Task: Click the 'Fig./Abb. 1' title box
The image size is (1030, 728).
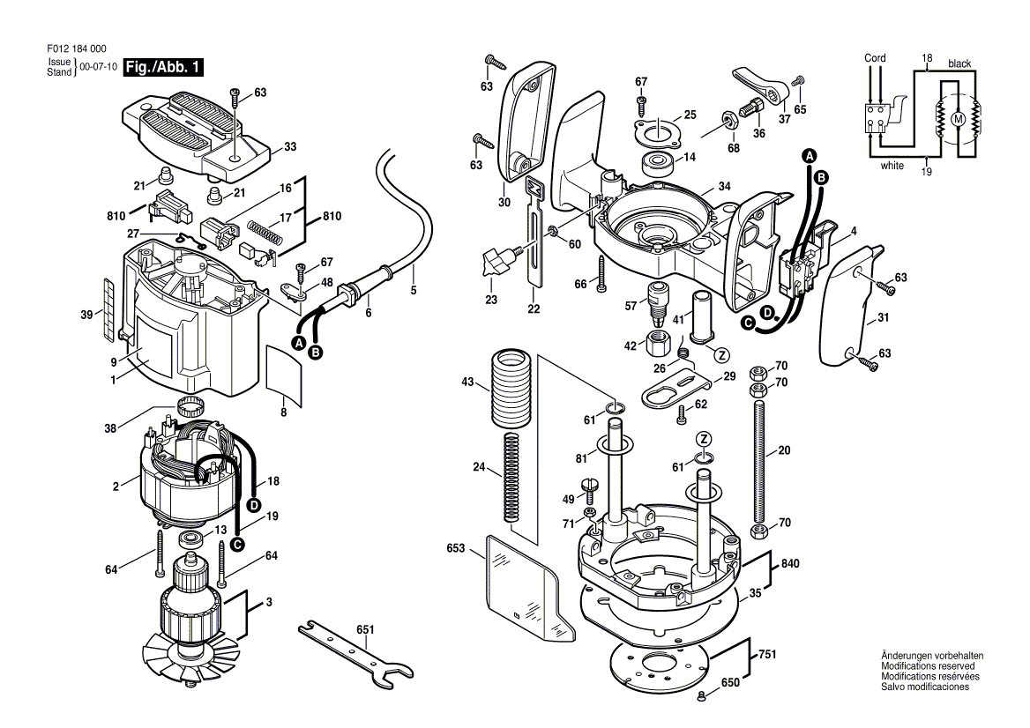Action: [x=163, y=67]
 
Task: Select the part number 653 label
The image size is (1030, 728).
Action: [x=455, y=548]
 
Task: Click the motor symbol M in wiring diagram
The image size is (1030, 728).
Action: [x=957, y=120]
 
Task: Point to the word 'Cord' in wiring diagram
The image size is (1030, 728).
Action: [x=874, y=58]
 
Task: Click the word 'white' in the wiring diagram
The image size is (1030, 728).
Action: [x=892, y=166]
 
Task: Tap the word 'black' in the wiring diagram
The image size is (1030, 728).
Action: [x=959, y=63]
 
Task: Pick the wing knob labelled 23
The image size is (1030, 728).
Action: [x=497, y=261]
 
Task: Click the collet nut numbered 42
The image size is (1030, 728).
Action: [x=656, y=342]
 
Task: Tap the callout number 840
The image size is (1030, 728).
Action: [x=790, y=564]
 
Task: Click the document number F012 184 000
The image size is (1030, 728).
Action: [x=77, y=48]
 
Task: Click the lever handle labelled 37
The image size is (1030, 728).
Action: [x=758, y=81]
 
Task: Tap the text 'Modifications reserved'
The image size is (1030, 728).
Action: [x=928, y=666]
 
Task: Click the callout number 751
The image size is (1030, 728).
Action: [x=767, y=655]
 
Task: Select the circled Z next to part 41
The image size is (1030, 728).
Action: [x=721, y=356]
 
